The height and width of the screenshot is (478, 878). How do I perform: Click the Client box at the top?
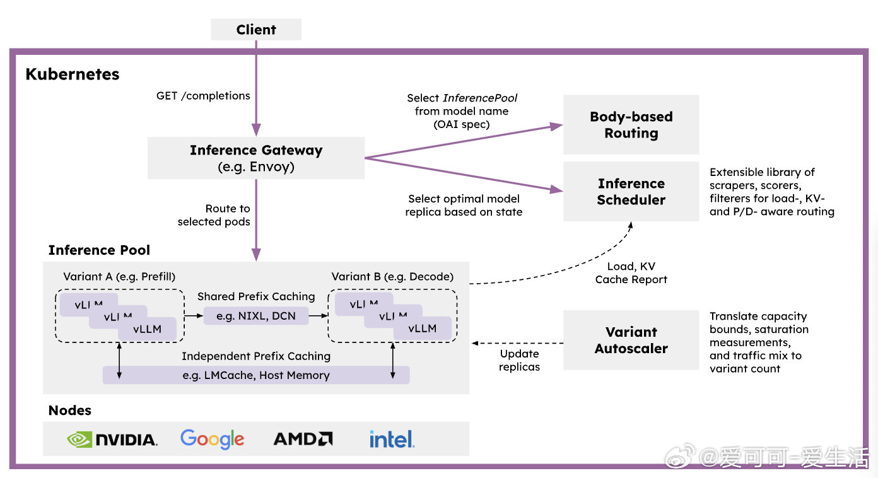256,30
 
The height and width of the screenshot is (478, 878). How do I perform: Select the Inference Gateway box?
256,158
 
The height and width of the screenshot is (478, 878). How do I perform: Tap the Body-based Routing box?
631,125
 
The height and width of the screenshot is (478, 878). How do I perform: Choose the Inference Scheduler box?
631,192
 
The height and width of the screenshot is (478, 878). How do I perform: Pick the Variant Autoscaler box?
631,340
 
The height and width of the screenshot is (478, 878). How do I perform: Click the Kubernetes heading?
73,74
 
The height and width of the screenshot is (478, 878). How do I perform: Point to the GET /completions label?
203,96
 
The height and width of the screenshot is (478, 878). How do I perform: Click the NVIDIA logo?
112,439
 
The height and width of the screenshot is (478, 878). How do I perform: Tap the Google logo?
212,438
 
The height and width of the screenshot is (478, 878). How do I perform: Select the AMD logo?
303,438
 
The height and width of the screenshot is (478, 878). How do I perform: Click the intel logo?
392,439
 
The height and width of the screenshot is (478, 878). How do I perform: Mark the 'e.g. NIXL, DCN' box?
256,315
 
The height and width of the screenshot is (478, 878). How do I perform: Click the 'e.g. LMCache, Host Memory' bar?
256,375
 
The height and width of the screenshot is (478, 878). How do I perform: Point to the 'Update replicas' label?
520,360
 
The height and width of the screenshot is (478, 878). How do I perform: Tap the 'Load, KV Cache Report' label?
631,273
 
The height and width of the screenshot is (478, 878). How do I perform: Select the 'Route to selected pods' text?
214,215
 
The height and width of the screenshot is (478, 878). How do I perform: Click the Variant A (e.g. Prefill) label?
119,277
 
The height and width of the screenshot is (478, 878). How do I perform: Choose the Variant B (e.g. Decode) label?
392,277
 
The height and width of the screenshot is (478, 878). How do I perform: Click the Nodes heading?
70,411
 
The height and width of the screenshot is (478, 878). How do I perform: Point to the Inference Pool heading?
99,250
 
